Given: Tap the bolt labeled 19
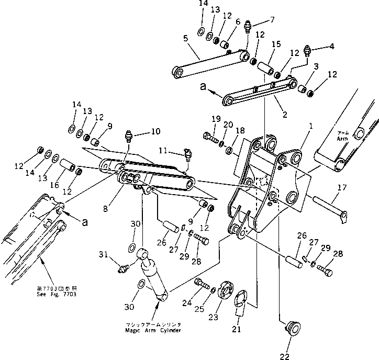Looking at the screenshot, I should click(210, 139).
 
